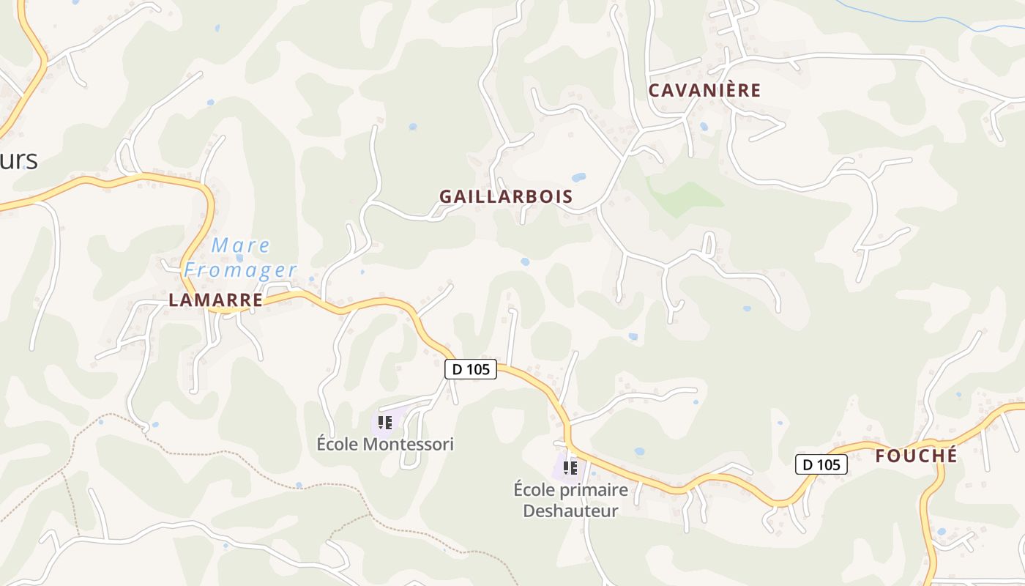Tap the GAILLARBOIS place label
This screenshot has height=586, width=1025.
pyautogui.click(x=506, y=197)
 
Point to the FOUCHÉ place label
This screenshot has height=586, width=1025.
pyautogui.click(x=916, y=456)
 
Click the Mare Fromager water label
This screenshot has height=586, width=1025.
pyautogui.click(x=240, y=258)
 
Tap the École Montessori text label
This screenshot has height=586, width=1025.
pyautogui.click(x=385, y=444)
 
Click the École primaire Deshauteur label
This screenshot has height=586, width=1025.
pyautogui.click(x=570, y=500)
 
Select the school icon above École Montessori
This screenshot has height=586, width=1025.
pyautogui.click(x=385, y=423)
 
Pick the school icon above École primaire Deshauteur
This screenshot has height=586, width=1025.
pyautogui.click(x=570, y=467)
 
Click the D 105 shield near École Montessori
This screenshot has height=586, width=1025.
pyautogui.click(x=471, y=369)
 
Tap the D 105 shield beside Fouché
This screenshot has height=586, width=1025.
pyautogui.click(x=821, y=464)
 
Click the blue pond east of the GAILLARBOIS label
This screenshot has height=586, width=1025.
pyautogui.click(x=578, y=177)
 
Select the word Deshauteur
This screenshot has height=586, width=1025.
pyautogui.click(x=570, y=511)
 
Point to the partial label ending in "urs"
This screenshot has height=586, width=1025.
pyautogui.click(x=18, y=159)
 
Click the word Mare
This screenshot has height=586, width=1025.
pyautogui.click(x=241, y=245)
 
